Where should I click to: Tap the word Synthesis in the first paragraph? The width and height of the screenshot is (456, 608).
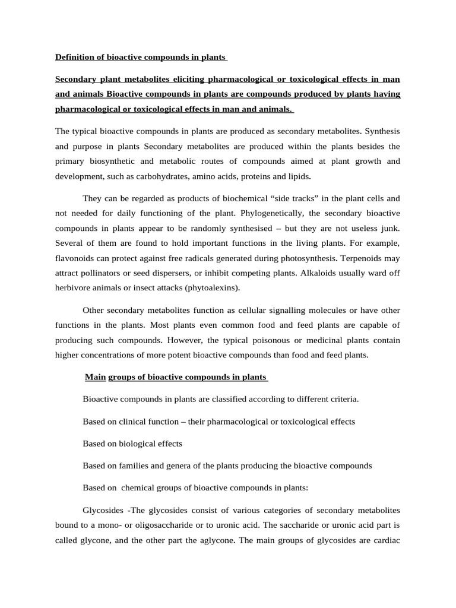(x=382, y=131)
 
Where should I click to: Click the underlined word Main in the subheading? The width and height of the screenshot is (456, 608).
(x=95, y=377)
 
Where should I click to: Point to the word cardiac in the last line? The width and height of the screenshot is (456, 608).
(x=387, y=541)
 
